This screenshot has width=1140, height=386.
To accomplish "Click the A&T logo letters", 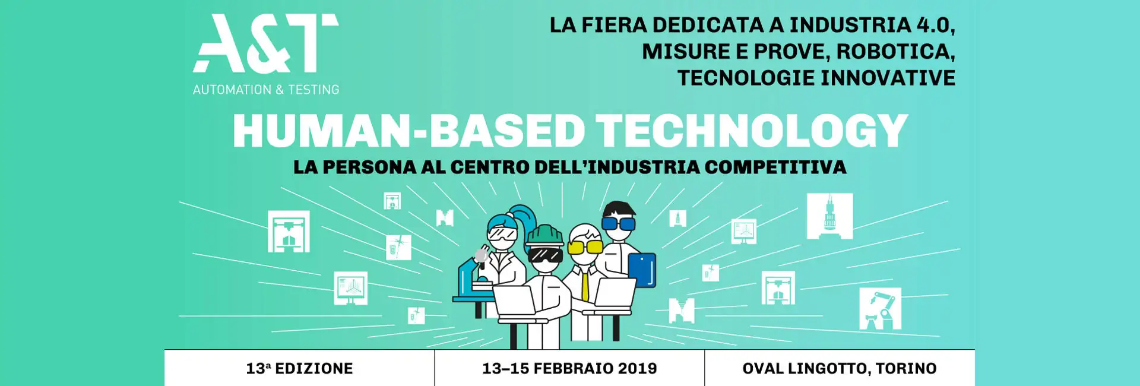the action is point(265,43).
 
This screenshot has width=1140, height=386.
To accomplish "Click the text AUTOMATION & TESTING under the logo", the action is point(266,90).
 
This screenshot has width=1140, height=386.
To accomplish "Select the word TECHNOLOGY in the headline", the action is point(752,131).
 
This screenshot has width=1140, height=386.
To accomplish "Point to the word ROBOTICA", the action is point(895,52).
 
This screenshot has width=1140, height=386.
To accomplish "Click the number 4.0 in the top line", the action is point(935,26).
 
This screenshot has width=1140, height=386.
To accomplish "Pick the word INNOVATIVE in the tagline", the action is point(888,78).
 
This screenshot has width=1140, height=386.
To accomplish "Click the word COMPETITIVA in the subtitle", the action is point(775,167).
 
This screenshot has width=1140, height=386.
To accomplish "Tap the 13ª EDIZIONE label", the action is point(299,368).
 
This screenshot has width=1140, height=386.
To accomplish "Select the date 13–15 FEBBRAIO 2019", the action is point(569,368).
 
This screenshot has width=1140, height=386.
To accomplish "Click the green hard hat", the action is point(544,235).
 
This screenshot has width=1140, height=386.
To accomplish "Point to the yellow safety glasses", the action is point(585,246).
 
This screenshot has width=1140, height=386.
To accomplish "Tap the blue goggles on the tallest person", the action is point(619,223).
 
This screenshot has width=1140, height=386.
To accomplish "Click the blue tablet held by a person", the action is point(642,270).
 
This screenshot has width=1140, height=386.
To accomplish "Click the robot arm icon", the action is point(880,309).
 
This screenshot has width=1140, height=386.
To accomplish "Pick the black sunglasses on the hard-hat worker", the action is point(545,255).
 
